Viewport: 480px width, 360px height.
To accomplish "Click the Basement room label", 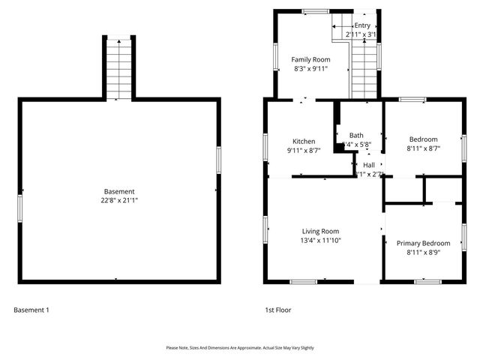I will pos(119,191).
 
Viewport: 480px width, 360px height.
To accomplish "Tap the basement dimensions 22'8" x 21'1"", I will pos(119,200).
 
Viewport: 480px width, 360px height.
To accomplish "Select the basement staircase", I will pos(118,67).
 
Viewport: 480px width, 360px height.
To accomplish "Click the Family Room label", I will pos(310,59).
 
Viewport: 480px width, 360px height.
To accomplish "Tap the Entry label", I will pos(362,25).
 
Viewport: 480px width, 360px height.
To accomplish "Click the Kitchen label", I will pos(304,141).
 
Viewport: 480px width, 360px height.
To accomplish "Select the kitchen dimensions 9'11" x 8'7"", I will pos(304,150).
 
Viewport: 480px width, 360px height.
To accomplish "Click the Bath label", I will pos(356,135).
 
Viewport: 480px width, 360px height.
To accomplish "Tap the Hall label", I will pos(369,164).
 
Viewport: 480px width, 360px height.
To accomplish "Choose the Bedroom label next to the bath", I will pos(423,139).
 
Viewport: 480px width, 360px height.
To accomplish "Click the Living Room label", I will pos(320,231).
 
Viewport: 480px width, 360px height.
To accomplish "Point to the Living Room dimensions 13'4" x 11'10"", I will pos(320,241).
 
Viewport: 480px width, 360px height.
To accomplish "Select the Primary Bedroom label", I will pos(423,243).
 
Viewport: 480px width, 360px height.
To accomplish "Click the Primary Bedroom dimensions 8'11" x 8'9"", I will pos(423,253).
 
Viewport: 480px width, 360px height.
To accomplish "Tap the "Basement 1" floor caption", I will pos(31,309).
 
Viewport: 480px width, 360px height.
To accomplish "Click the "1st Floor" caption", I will pos(277,309).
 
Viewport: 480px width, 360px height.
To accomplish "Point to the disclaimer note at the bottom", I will pos(240,348).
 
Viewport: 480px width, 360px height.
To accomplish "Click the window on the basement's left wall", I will pos(19,207).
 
